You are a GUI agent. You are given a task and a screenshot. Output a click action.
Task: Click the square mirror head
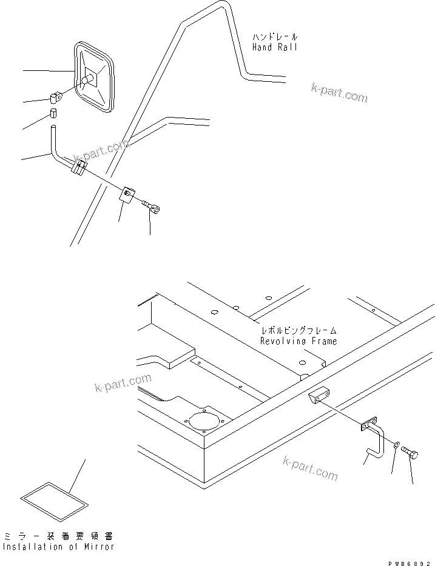pos(96,77)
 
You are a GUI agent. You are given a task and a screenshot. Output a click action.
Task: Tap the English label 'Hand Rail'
pos(275,47)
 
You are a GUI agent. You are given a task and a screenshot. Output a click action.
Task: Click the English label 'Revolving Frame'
pos(298,342)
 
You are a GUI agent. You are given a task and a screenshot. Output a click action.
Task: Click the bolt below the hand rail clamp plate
pos(152,208)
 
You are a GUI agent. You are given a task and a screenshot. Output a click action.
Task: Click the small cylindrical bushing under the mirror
pos(53,114)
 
